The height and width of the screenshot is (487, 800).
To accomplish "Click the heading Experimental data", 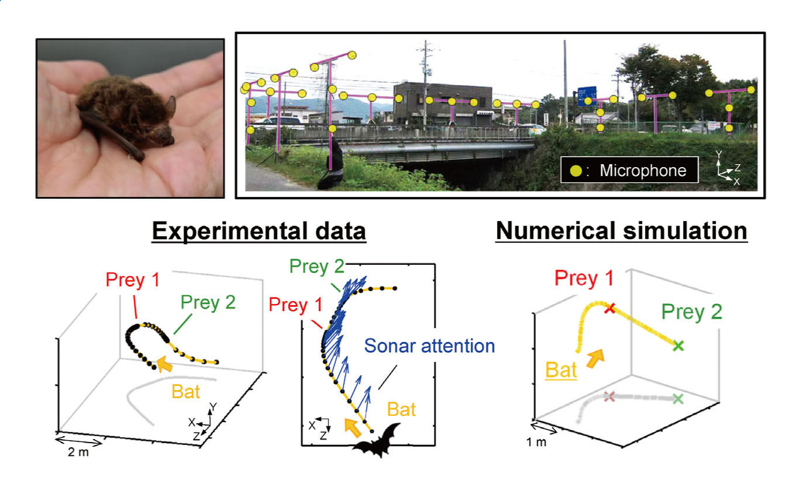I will tap(258, 231).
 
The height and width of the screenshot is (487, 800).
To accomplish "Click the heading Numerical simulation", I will tap(621, 231).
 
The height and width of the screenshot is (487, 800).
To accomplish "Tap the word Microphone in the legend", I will tap(642, 171).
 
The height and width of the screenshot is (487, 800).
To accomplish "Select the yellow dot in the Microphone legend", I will tap(575, 171).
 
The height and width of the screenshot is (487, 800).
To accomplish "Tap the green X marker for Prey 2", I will tap(678, 346).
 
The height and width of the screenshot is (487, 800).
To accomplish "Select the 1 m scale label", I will tap(536, 442).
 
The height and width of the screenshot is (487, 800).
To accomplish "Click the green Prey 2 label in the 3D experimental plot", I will tap(206, 302).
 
